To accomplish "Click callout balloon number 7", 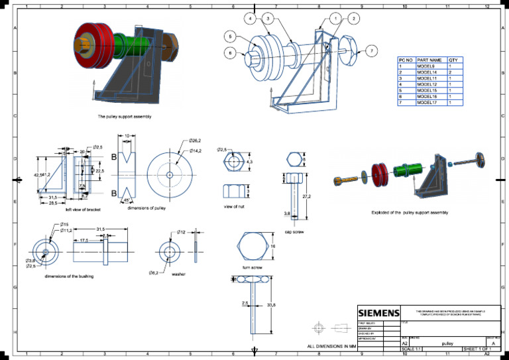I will pyautogui.click(x=372, y=50).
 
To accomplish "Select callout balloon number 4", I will pyautogui.click(x=250, y=19).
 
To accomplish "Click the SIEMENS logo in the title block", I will pyautogui.click(x=379, y=313).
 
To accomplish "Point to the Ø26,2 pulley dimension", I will pyautogui.click(x=194, y=141).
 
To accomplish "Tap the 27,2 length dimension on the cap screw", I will pyautogui.click(x=307, y=197).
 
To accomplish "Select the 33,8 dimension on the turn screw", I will pyautogui.click(x=271, y=305).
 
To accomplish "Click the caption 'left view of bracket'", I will pyautogui.click(x=84, y=210).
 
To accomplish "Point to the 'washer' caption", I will pyautogui.click(x=178, y=273).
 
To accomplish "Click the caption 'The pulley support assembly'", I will pyautogui.click(x=125, y=117).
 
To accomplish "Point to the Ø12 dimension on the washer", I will pyautogui.click(x=182, y=232).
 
